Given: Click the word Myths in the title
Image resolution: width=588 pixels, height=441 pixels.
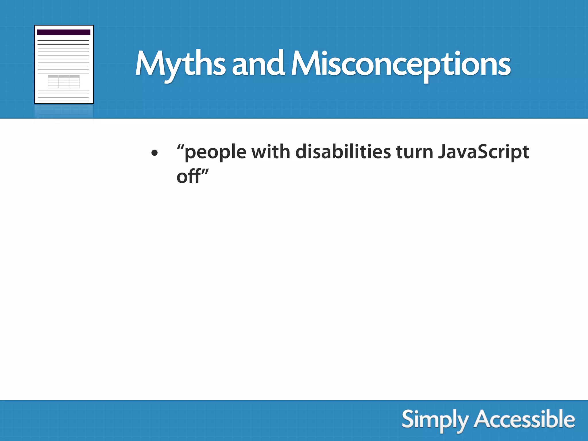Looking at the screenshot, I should coord(180,64).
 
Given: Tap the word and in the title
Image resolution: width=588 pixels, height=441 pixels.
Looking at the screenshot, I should coord(258,64).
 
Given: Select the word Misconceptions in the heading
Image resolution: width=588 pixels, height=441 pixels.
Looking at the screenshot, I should coord(401,64).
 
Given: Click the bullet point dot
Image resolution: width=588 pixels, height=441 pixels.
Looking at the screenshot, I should coord(154,153).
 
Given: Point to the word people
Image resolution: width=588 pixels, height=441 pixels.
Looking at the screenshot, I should coord(215,152).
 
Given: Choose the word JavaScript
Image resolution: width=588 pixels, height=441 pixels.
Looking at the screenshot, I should coord(483,152).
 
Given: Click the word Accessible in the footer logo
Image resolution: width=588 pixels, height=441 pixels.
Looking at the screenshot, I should coord(524,420).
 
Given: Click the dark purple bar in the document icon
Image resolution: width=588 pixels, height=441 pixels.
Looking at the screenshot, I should coord(63,32).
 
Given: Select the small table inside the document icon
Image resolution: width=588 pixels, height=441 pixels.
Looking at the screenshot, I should coord(64,82).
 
